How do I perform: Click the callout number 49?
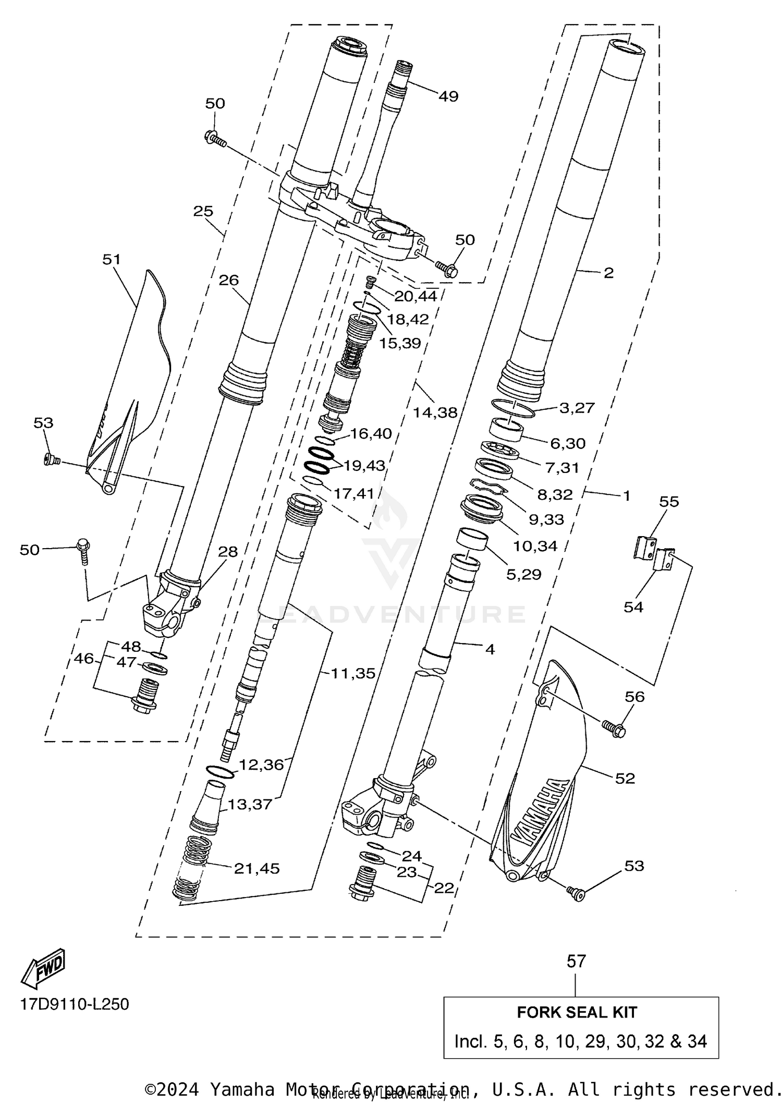pos(448,96)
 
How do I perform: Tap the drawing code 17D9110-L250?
pos(75,1004)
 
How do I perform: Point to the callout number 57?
pos(576,961)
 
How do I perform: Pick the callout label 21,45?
pos(256,868)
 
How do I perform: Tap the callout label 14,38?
pos(435,413)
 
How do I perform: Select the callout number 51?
pos(112,259)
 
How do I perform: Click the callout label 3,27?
pos(577,407)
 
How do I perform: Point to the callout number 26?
pos(229,281)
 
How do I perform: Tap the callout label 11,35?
pos(353,673)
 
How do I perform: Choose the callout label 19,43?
pos(364,465)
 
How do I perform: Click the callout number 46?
pos(83,659)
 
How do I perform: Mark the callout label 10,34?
pos(535,546)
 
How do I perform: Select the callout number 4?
pos(490,649)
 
